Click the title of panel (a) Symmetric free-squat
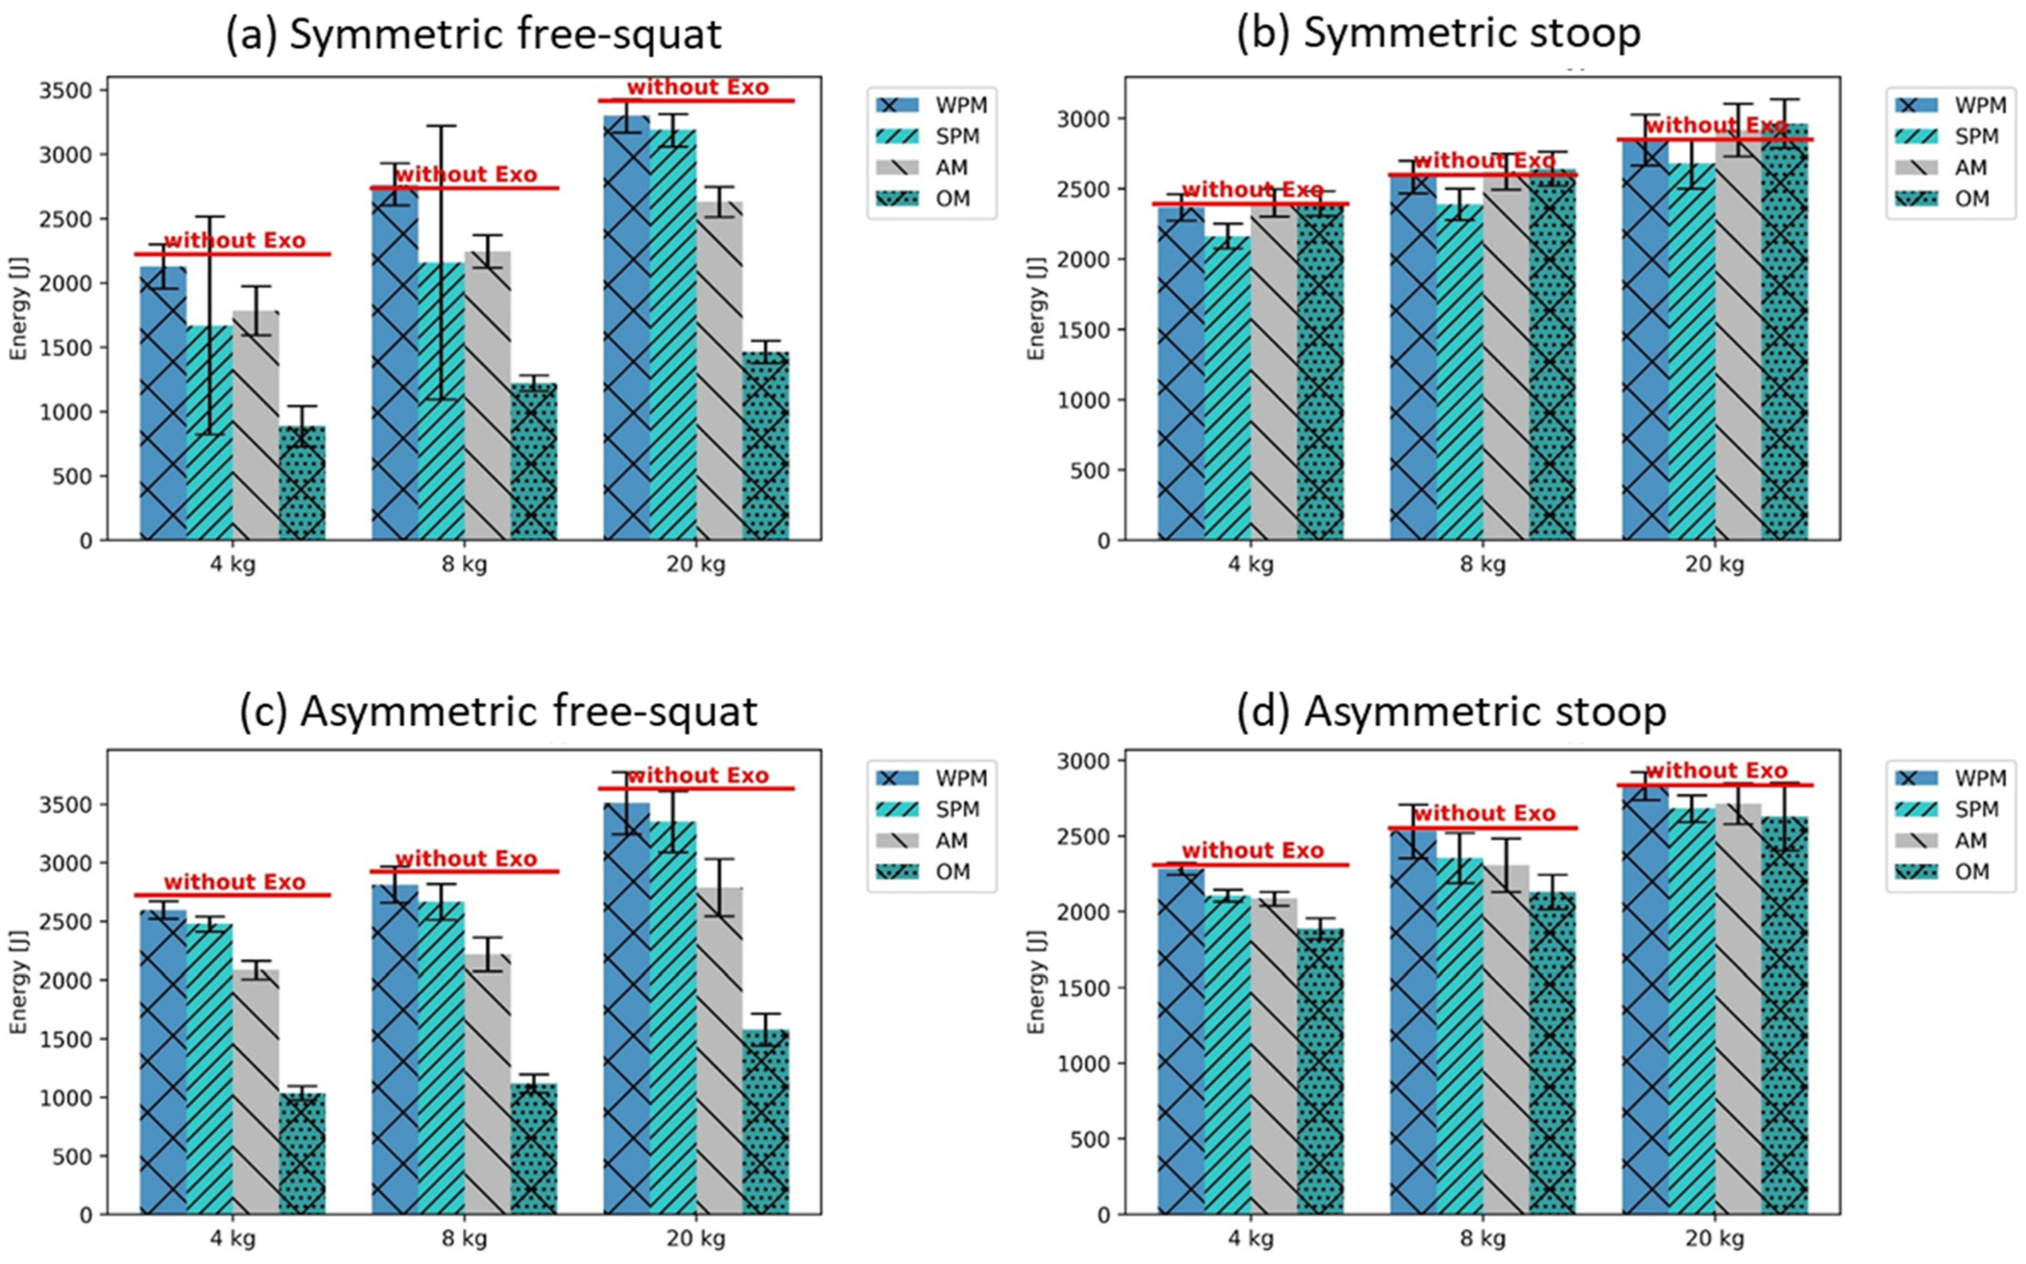tap(473, 35)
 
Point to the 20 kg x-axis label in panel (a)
tap(695, 564)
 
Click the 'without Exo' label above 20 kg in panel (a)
tap(697, 87)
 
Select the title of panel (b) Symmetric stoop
tap(1438, 34)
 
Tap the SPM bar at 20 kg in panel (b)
tap(1691, 351)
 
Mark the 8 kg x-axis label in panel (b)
tap(1482, 564)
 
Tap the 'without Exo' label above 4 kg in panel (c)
tap(234, 882)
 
